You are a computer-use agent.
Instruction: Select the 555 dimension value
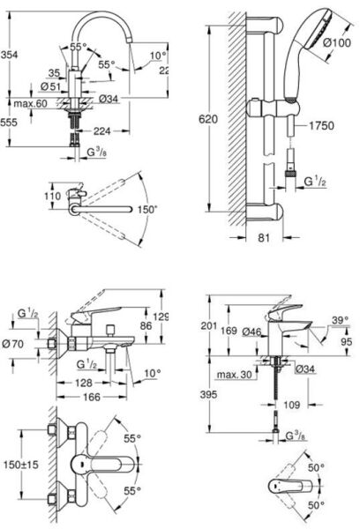pyautogui.click(x=10, y=122)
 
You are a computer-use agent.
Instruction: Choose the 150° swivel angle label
pyautogui.click(x=146, y=209)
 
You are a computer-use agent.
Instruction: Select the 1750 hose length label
pyautogui.click(x=321, y=127)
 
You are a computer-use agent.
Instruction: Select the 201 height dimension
pyautogui.click(x=208, y=327)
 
